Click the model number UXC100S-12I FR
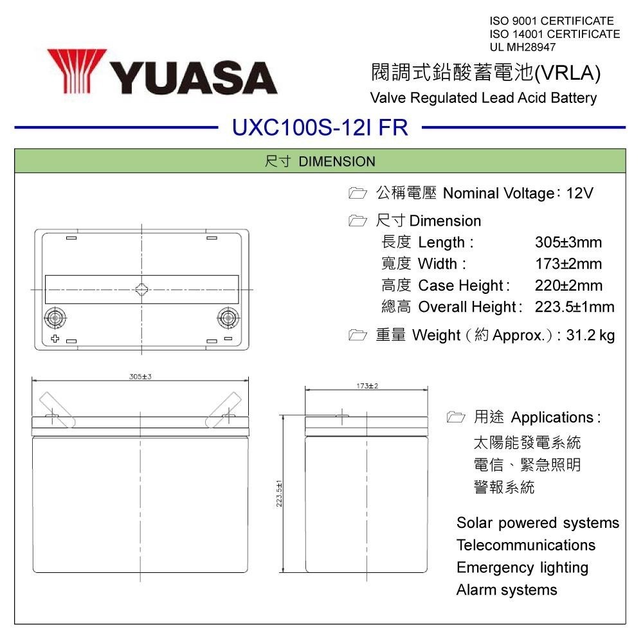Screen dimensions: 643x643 tap(320, 127)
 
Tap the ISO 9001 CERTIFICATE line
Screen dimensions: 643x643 tap(551, 22)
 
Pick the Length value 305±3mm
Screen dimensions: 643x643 tap(568, 242)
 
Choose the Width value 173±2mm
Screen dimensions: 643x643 tap(568, 264)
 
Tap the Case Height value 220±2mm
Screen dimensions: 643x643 tap(568, 285)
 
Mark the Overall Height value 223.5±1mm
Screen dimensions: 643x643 tap(574, 307)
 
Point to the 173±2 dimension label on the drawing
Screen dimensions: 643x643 tap(367, 385)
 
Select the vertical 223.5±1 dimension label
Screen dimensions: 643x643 tap(279, 494)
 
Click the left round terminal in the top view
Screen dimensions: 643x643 tap(55, 317)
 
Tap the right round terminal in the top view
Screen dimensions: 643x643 tap(228, 316)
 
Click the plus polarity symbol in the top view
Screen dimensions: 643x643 tap(55, 338)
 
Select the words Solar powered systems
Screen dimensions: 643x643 tap(538, 523)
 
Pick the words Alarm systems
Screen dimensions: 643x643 tap(507, 590)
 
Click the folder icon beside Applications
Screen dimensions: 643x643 tap(455, 417)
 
